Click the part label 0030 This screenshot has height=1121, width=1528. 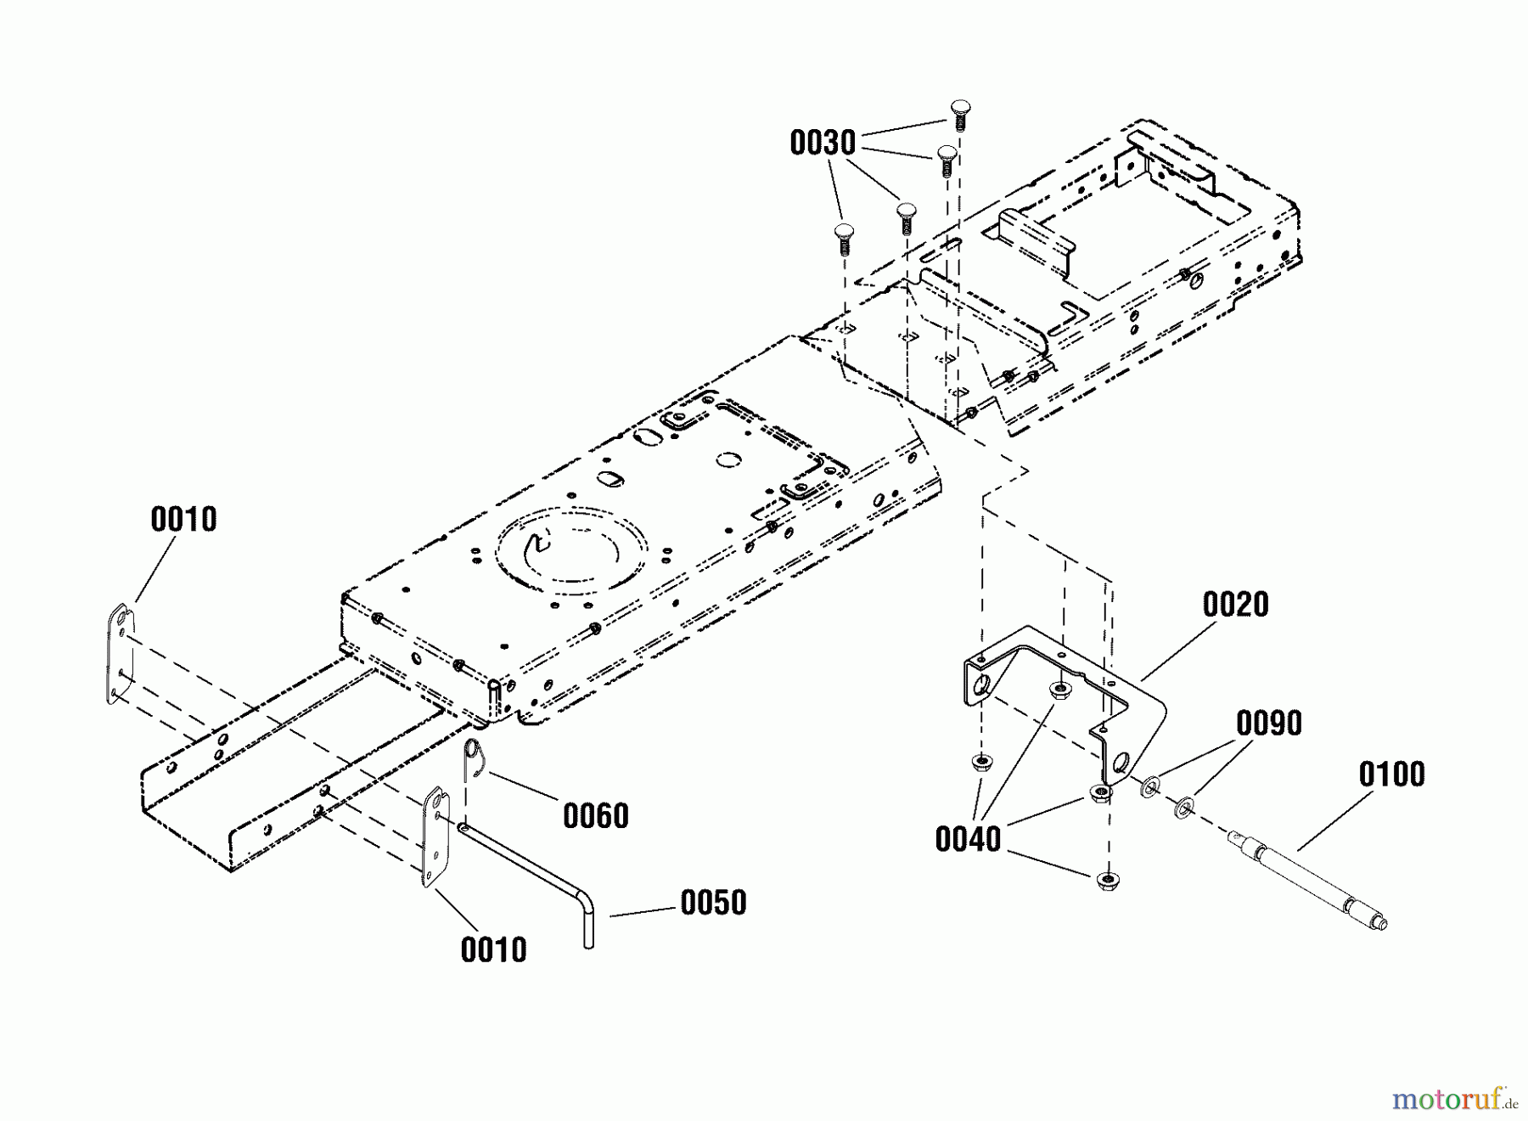(x=822, y=144)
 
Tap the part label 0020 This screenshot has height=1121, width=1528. (x=1235, y=605)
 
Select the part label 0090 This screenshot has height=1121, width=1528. (x=1268, y=724)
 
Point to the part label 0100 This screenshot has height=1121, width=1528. (x=1391, y=775)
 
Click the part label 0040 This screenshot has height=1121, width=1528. (x=968, y=840)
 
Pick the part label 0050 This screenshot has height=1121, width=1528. (x=713, y=903)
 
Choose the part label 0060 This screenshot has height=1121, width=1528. (x=595, y=816)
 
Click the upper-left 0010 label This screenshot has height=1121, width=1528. (x=183, y=519)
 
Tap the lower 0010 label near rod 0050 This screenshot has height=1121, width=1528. (x=493, y=949)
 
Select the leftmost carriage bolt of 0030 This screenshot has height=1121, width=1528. (x=843, y=238)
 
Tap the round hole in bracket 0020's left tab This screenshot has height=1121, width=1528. (x=982, y=684)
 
